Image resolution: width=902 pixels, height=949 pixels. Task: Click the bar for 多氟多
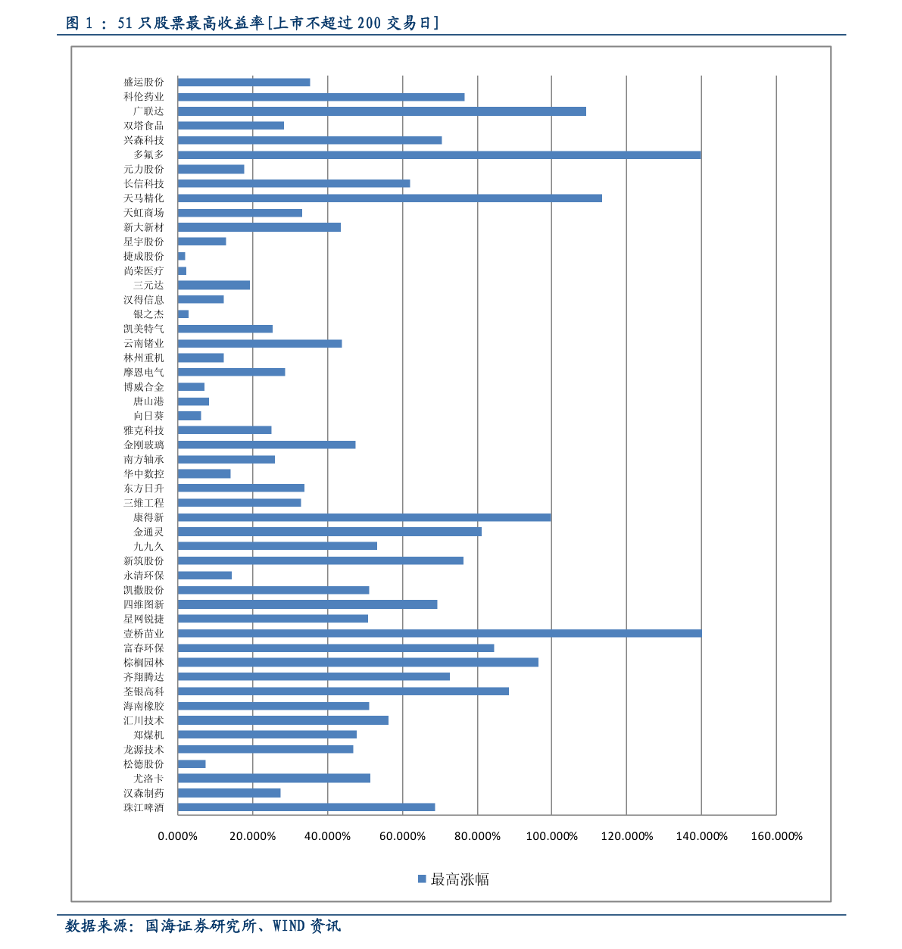pos(439,155)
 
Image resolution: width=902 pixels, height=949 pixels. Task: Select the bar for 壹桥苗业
pos(439,633)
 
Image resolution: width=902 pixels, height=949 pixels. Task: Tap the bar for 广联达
pos(382,111)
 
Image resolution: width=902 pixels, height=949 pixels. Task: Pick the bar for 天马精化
pos(389,198)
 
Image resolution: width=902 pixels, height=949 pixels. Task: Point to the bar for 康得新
pos(364,517)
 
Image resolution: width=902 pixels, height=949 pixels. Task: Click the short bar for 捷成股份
pos(181,256)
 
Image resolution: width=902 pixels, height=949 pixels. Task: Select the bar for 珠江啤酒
pos(306,807)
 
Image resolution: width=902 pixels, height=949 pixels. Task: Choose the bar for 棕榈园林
pos(357,662)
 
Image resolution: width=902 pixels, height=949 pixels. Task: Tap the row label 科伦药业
pos(143,96)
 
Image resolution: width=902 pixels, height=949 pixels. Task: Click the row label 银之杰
pos(148,314)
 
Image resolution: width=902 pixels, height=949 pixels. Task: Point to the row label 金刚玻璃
pos(143,445)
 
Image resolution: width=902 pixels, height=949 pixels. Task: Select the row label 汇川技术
pos(143,720)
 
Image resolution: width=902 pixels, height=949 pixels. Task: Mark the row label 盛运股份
pos(143,82)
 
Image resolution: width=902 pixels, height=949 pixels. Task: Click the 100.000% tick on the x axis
pos(551,835)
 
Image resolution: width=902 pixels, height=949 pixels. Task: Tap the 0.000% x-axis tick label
pos(177,835)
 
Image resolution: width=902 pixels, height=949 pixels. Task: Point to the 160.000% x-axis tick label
pos(776,835)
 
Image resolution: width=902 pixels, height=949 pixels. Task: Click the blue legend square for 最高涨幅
pos(422,879)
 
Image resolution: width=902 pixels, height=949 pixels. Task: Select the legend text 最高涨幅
pos(459,879)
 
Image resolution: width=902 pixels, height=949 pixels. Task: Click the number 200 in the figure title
pos(369,23)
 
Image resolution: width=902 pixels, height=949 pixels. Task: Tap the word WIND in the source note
pos(289,926)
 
